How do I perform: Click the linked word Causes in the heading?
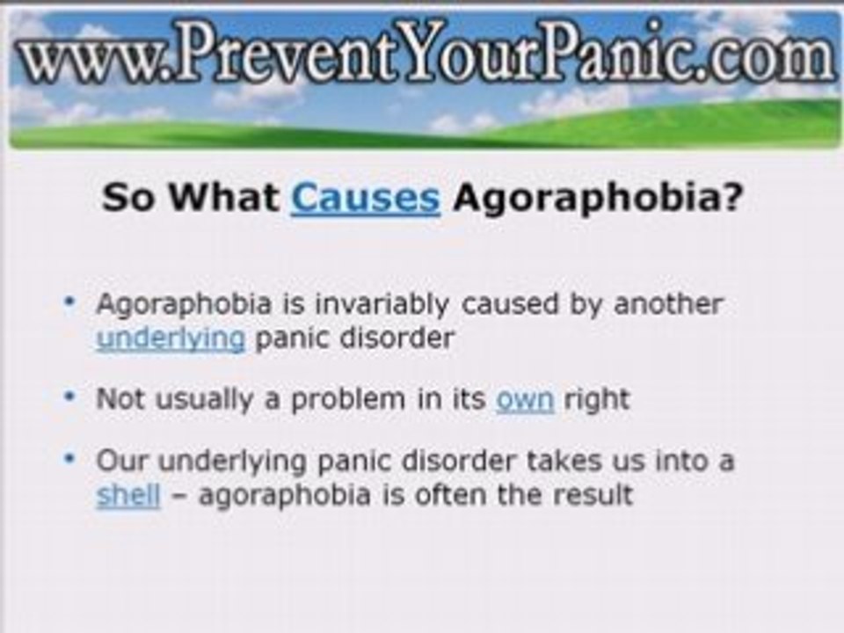click(365, 198)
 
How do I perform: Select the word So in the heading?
click(129, 198)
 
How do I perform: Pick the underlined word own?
click(525, 400)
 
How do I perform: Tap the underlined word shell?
click(128, 495)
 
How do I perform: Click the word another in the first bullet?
click(668, 304)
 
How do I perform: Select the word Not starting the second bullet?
click(120, 399)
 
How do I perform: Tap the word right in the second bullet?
click(597, 401)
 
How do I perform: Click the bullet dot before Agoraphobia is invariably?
click(70, 302)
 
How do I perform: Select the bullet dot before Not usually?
click(70, 397)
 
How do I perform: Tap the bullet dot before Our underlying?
click(70, 459)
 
